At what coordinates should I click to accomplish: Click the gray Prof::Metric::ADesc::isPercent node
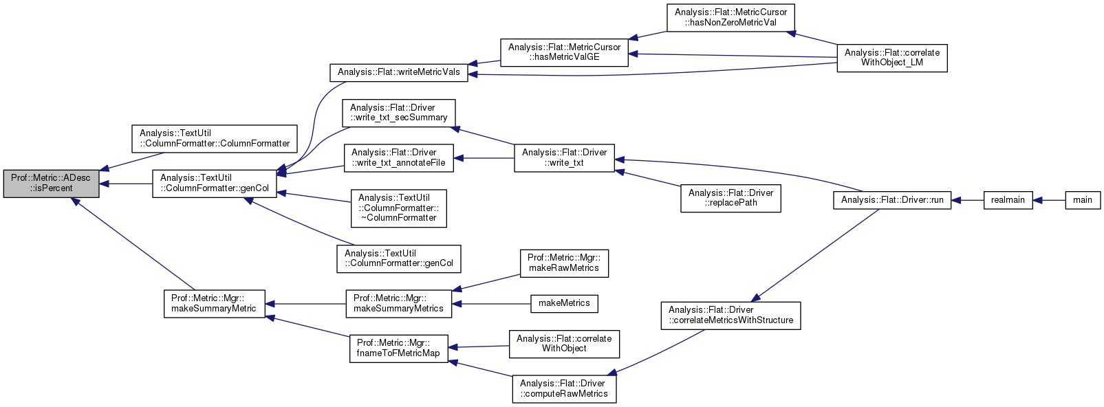tap(51, 184)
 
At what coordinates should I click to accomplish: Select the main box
tap(1082, 200)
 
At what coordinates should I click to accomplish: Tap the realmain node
tap(1008, 200)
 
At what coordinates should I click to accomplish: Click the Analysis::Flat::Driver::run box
tap(892, 200)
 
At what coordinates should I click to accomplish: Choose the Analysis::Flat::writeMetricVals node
tap(398, 72)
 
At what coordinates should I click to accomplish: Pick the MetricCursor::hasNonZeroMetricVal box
tap(730, 17)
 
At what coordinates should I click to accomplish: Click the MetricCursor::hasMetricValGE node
tap(564, 52)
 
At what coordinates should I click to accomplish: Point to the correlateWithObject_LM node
tap(891, 58)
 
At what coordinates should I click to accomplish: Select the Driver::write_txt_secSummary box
tap(398, 113)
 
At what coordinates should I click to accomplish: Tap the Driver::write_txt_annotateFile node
tap(398, 158)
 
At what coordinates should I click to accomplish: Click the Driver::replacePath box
tap(730, 198)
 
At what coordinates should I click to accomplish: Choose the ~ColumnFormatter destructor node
tap(398, 208)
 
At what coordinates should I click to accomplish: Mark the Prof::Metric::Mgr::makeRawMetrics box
tap(563, 263)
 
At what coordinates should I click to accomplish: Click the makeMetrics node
tap(564, 303)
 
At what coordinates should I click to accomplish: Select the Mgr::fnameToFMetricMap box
tap(398, 349)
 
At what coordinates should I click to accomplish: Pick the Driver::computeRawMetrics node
tap(563, 389)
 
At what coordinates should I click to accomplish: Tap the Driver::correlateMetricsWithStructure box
tap(730, 316)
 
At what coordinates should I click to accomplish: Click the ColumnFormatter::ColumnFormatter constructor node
tap(215, 139)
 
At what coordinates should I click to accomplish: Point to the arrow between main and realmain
tap(1049, 200)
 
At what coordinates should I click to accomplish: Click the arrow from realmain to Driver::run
tap(968, 200)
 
